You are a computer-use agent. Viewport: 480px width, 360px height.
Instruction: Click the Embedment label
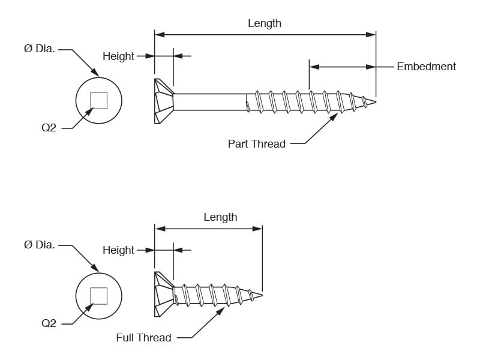[x=426, y=67]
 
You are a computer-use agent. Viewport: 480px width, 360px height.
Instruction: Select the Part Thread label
[x=257, y=143]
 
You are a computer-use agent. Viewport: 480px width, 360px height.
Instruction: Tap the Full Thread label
[x=143, y=337]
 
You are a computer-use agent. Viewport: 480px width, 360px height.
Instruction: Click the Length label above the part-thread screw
[x=265, y=23]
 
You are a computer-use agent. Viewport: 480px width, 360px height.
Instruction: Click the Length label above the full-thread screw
[x=220, y=217]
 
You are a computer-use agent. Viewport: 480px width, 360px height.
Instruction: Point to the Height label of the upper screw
[x=118, y=56]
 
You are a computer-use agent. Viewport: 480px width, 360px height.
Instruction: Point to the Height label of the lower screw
[x=118, y=250]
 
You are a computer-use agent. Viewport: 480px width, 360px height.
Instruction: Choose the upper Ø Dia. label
[x=39, y=49]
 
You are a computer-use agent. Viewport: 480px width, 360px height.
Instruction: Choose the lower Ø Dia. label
[x=39, y=245]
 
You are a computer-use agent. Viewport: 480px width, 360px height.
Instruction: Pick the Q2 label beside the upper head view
[x=49, y=128]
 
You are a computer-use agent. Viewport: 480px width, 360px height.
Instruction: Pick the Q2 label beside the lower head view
[x=49, y=323]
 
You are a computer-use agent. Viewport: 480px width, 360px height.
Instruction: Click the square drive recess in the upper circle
[x=99, y=100]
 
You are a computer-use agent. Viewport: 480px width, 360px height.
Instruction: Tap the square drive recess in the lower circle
[x=99, y=296]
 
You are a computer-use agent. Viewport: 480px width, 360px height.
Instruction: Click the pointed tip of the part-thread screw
[x=376, y=102]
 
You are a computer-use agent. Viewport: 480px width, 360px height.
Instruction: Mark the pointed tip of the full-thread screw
[x=262, y=295]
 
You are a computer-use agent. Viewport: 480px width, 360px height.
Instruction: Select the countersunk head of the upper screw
[x=164, y=101]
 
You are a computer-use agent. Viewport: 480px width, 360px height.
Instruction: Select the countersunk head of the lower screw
[x=164, y=294]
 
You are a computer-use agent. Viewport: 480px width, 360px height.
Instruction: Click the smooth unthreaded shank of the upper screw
[x=210, y=102]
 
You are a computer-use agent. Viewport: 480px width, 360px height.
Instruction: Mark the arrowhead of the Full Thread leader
[x=221, y=311]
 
